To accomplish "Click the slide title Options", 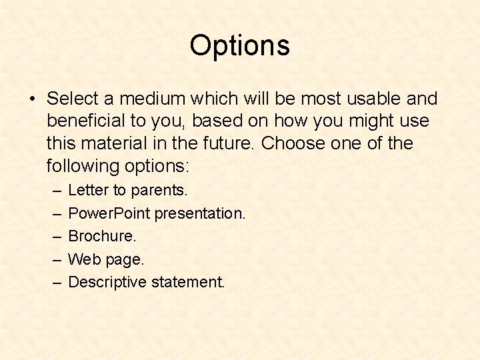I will tap(239, 46).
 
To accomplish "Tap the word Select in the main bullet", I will tap(73, 99).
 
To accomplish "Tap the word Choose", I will tap(295, 143).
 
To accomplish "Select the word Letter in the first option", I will tap(88, 191).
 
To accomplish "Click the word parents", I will tap(159, 191).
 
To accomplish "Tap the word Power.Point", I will tap(109, 213).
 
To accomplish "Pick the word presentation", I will tap(201, 213).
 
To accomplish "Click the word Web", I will tap(83, 259).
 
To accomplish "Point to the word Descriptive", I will tap(107, 282).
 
